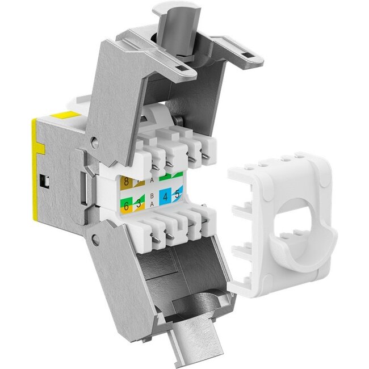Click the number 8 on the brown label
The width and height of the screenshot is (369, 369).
[126, 183]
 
